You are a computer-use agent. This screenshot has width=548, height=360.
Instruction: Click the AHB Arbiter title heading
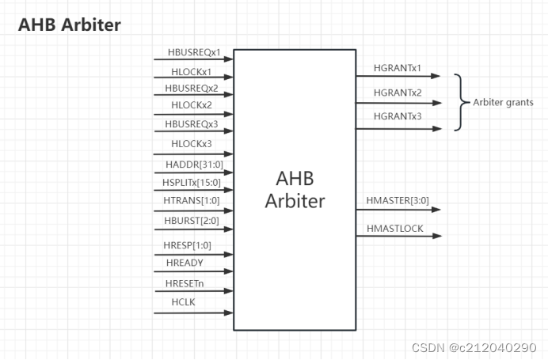point(70,25)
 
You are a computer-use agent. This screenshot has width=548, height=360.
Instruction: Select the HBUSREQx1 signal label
point(194,52)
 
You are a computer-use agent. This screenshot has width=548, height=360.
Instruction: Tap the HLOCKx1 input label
point(192,70)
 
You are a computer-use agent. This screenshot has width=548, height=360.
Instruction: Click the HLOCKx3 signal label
point(192,144)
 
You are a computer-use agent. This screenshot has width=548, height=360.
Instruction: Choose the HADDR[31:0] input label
point(192,164)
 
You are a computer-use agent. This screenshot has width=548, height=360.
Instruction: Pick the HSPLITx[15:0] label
point(192,183)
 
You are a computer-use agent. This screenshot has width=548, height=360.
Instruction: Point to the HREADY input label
point(185,263)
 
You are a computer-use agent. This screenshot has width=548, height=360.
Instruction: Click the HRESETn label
point(185,282)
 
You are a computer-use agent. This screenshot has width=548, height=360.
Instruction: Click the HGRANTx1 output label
point(398,69)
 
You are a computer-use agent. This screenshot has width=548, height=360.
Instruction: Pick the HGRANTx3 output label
point(398,116)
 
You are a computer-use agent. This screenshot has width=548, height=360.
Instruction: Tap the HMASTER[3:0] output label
point(398,201)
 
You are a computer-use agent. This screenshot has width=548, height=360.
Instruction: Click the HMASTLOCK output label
point(395,229)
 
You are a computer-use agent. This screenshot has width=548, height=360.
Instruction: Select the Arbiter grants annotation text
point(503,102)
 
